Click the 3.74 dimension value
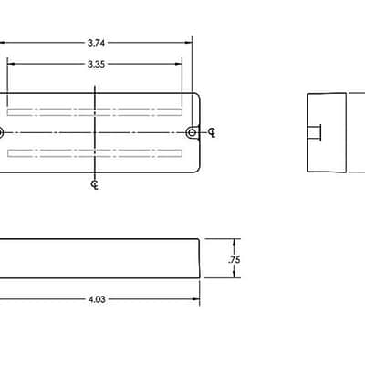96,43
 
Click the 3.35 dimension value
96,64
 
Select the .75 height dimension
235,260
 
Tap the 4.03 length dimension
97,299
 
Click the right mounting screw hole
192,132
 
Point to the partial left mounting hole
1,133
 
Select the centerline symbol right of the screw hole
213,132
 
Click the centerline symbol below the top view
95,184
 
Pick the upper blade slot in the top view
95,112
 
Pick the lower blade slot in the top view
95,153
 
